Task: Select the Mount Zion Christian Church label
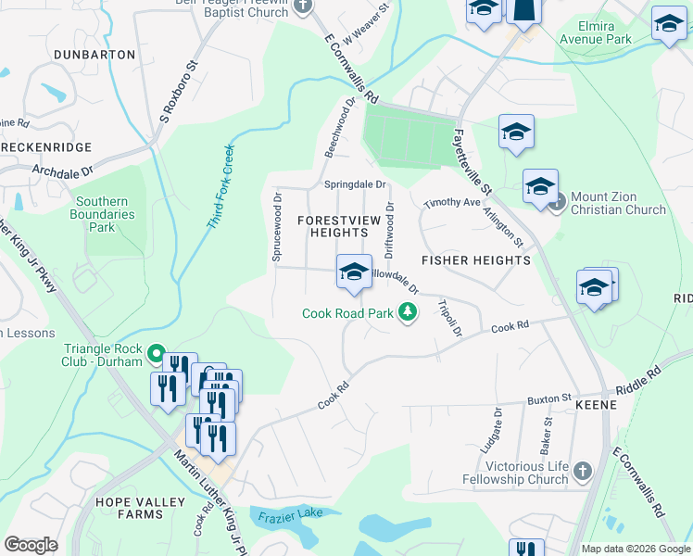pyautogui.click(x=618, y=203)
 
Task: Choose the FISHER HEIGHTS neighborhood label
pyautogui.click(x=476, y=260)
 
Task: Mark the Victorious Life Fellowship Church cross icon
pyautogui.click(x=581, y=472)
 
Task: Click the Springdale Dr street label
pyautogui.click(x=354, y=183)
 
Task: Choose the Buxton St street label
pyautogui.click(x=551, y=399)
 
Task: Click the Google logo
pyautogui.click(x=31, y=545)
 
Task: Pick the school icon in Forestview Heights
pyautogui.click(x=353, y=272)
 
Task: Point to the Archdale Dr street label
pyautogui.click(x=63, y=171)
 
